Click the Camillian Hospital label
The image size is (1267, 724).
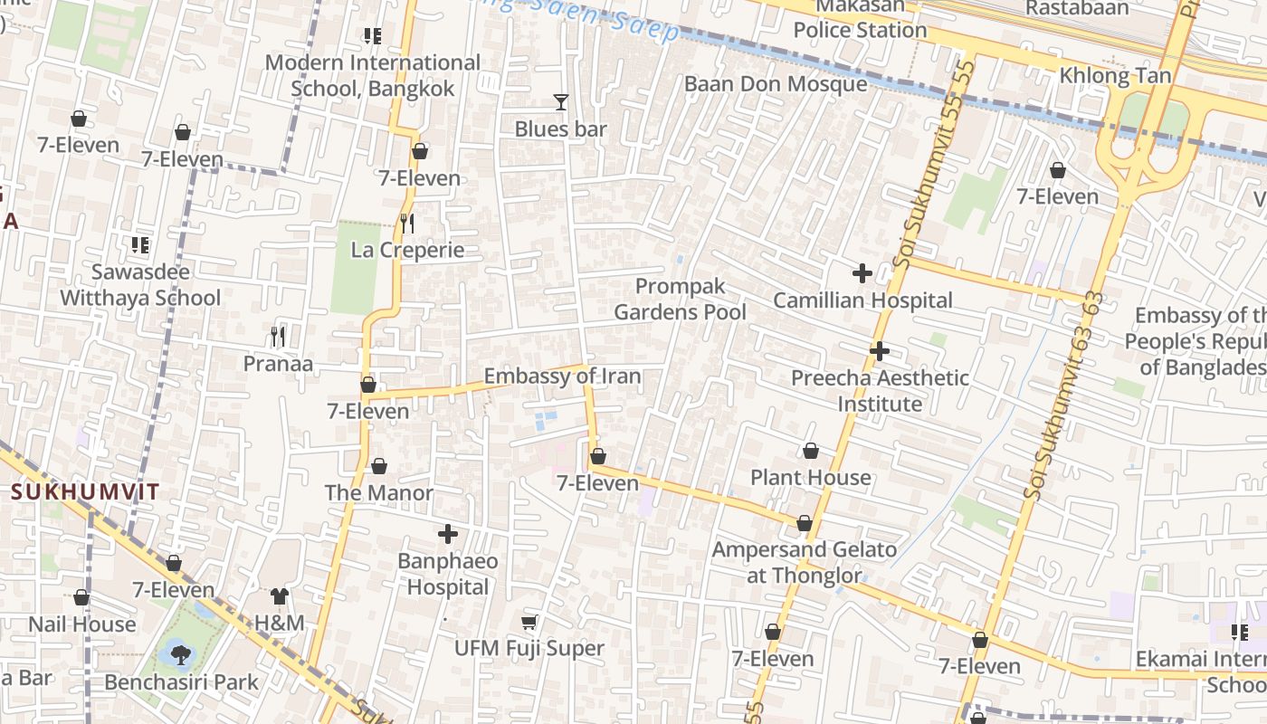pos(862,300)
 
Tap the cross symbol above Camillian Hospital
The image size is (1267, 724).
pos(862,272)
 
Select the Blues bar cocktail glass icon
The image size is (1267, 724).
pos(561,102)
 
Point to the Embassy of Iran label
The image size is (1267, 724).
pos(562,376)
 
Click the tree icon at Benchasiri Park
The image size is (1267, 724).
pos(179,654)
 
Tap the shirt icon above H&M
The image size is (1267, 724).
pos(280,596)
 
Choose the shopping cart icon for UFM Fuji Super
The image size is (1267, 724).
pos(529,622)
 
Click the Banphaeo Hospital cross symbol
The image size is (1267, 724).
pos(448,534)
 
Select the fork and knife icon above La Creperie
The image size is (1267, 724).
pos(407,223)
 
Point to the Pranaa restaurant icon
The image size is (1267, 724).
pos(278,337)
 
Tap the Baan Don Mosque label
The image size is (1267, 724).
pos(776,84)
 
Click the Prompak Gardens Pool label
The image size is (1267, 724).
pos(681,300)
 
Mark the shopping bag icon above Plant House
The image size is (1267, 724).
pos(811,451)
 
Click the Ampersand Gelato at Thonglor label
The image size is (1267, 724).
pos(805,562)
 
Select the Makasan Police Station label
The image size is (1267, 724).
pos(860,18)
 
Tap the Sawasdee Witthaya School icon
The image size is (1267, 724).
pos(140,244)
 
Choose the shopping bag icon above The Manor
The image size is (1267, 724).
pos(379,467)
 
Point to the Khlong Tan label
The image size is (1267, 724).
pos(1115,76)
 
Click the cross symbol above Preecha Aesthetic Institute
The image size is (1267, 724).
pos(880,351)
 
